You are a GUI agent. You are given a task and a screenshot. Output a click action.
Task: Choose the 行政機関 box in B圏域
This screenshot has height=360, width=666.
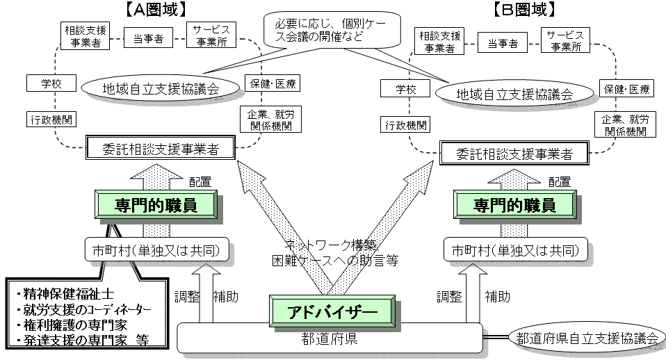click(405, 125)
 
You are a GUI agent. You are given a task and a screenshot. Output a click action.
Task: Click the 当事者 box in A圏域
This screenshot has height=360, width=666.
click(148, 40)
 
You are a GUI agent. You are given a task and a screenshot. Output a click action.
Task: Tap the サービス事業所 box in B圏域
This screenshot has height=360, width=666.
click(565, 40)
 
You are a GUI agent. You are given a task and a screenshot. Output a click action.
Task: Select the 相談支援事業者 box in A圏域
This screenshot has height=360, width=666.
click(85, 37)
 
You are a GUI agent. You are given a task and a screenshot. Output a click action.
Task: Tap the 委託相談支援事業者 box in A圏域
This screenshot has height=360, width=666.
click(161, 148)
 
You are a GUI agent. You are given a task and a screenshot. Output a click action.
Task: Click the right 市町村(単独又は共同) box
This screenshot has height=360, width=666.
click(514, 249)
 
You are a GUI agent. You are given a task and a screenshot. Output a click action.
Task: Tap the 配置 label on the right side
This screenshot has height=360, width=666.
click(560, 182)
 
